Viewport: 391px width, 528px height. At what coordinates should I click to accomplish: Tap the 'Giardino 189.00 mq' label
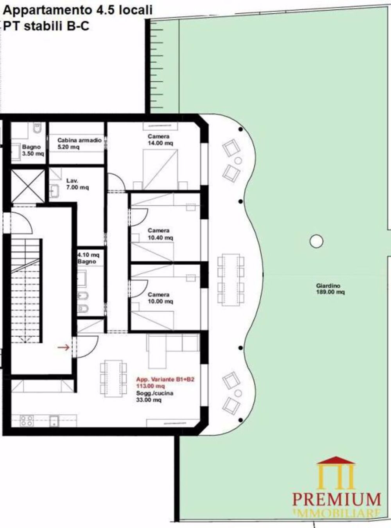330,289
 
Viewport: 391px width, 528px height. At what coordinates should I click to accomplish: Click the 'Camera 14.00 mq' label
159,140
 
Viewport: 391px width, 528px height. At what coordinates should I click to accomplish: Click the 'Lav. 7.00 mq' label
77,184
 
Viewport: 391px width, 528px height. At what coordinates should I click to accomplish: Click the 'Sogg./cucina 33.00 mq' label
154,397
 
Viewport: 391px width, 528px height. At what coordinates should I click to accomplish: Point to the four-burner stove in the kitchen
27,421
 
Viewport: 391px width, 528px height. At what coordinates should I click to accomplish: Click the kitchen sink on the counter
54,421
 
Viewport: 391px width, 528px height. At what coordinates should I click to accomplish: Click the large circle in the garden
316,241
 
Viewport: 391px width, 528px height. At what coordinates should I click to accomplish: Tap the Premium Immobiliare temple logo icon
336,473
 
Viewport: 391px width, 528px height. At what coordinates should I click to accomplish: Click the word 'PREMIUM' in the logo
336,499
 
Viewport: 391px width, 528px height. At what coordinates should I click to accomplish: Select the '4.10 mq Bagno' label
87,258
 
